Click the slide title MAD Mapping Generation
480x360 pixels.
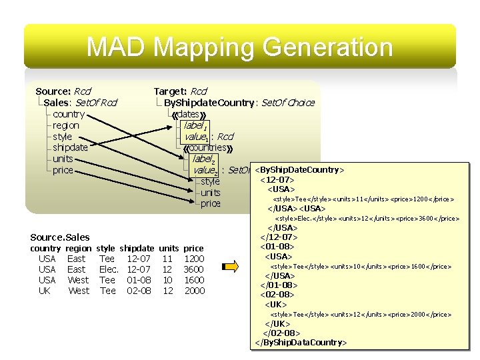pos(240,47)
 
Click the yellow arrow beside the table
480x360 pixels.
pos(230,267)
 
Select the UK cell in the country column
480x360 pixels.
pos(45,291)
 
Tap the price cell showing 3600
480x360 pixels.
pos(194,269)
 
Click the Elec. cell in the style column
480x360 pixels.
pos(108,269)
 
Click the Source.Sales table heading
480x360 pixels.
pos(60,237)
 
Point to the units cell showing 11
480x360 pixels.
pos(167,259)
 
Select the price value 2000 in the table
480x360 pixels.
pos(194,291)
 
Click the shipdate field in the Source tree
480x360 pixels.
pos(70,147)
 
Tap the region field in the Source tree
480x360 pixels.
pos(66,125)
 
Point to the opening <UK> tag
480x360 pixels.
pos(277,304)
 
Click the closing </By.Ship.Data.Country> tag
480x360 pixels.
pos(301,343)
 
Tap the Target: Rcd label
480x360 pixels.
pos(180,91)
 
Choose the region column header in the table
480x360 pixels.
pos(77,248)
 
